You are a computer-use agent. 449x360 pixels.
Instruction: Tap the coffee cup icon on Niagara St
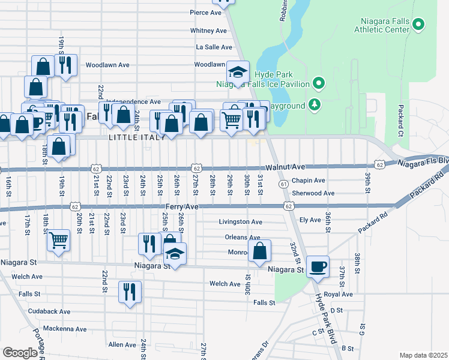pyautogui.click(x=318, y=266)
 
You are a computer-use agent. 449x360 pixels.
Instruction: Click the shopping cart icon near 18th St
pyautogui.click(x=59, y=241)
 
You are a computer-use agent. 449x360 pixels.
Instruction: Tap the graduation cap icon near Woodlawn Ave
pyautogui.click(x=238, y=73)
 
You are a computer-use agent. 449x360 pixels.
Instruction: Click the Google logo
pyautogui.click(x=20, y=353)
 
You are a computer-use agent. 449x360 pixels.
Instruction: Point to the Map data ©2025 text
pyautogui.click(x=423, y=355)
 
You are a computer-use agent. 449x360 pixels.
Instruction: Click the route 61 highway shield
pyautogui.click(x=283, y=185)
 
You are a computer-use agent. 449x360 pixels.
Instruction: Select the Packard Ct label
pyautogui.click(x=400, y=120)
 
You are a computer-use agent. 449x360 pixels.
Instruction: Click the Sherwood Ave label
pyautogui.click(x=313, y=193)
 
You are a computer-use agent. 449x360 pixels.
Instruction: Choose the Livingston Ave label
pyautogui.click(x=240, y=222)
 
